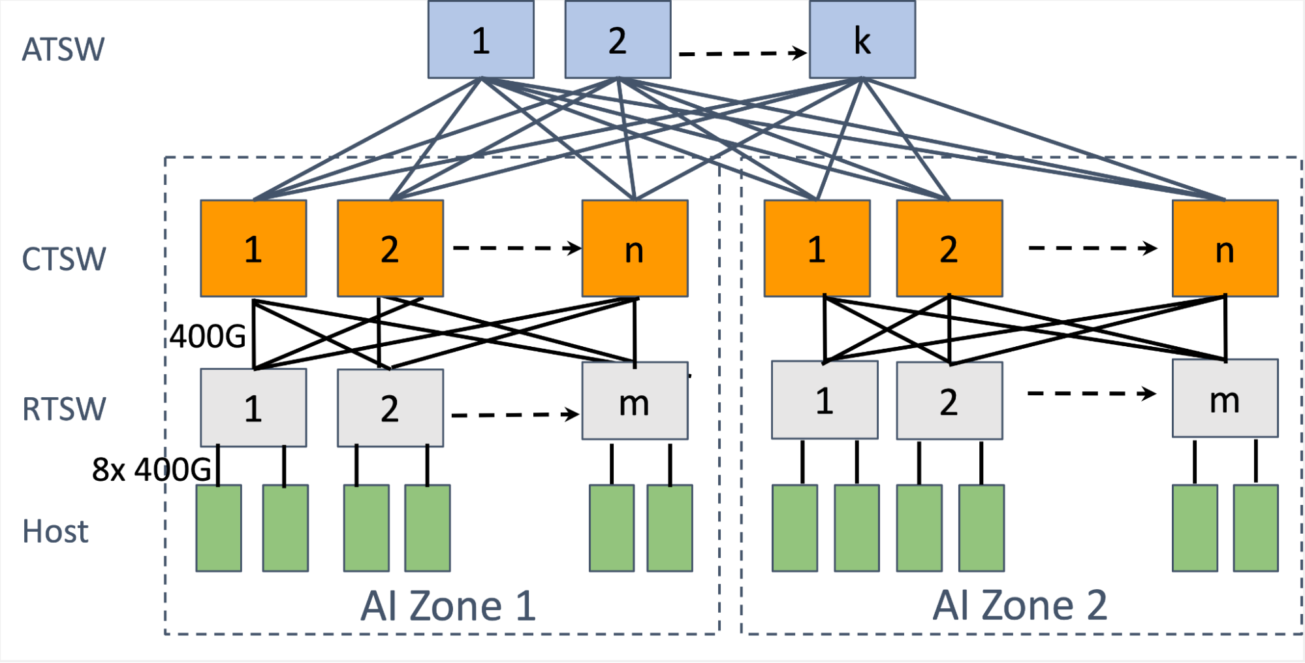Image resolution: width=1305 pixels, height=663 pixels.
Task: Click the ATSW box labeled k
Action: [862, 40]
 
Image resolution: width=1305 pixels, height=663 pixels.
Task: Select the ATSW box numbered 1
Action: [480, 40]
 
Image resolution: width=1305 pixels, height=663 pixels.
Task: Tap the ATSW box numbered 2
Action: [618, 40]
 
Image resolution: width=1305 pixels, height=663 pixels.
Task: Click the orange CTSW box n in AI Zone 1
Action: [635, 249]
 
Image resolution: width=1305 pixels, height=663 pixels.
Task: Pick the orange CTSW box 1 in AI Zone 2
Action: [817, 249]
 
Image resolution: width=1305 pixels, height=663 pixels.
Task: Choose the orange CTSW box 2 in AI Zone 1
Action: [390, 249]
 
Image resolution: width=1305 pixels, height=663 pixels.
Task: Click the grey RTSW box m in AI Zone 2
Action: [1225, 398]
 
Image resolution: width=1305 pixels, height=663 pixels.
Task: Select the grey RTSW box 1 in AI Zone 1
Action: [253, 408]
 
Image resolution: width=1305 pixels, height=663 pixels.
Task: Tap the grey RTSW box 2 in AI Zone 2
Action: [949, 400]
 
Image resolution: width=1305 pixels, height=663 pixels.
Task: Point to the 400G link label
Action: [208, 337]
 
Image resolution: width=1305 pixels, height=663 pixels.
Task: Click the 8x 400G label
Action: [151, 469]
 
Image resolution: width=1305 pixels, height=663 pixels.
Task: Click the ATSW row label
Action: [63, 50]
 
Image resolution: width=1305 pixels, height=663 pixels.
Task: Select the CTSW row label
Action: [64, 259]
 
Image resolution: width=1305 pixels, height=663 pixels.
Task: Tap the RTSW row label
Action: [64, 410]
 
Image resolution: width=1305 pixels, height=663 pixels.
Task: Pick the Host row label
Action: [55, 531]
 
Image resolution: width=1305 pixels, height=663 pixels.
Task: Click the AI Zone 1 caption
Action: [448, 606]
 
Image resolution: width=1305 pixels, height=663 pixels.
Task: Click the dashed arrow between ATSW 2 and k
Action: [742, 53]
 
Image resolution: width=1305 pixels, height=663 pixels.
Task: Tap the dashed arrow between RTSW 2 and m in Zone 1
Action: [514, 414]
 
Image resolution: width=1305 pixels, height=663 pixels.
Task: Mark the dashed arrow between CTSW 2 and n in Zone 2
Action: [1092, 248]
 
